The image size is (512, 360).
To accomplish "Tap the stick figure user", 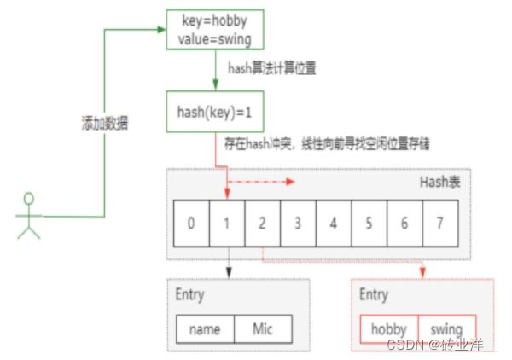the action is click(29, 217).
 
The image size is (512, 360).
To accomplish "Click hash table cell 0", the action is click(190, 224).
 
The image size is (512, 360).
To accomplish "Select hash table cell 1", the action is click(226, 224).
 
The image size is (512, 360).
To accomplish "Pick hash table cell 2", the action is click(262, 224).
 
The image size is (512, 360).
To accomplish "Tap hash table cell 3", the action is click(298, 224).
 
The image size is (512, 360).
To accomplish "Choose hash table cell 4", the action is click(334, 224).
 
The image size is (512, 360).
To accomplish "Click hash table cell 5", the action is click(369, 224).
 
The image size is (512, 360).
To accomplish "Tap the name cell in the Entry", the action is click(206, 329).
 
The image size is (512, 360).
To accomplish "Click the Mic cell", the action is click(263, 329).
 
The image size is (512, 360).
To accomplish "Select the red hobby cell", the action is click(390, 329).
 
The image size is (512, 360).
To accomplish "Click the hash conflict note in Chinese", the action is click(327, 145).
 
